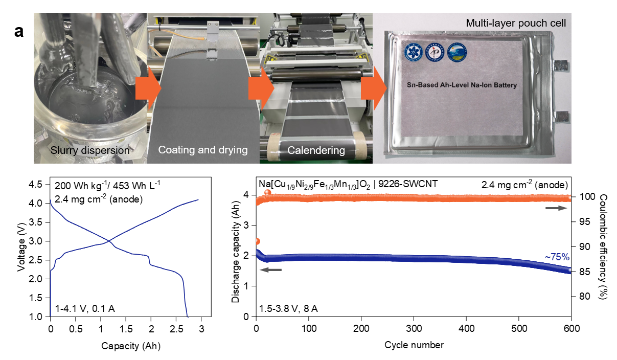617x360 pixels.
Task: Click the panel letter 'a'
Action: [19, 32]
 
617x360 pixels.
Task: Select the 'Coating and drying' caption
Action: [203, 150]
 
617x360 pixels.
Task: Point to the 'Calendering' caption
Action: [316, 150]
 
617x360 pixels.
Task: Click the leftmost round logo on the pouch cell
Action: [412, 52]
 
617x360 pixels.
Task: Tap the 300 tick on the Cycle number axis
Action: [414, 327]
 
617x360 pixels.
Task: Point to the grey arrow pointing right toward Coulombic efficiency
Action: [557, 208]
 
